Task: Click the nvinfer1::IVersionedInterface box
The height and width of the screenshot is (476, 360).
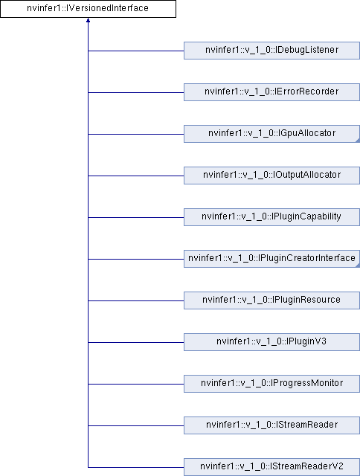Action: (x=88, y=9)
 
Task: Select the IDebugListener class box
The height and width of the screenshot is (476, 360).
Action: (x=271, y=51)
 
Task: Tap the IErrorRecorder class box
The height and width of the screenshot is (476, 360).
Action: (x=271, y=92)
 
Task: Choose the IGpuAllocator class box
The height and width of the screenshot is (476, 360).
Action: (x=271, y=134)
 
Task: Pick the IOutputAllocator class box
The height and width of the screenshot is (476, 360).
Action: (x=271, y=176)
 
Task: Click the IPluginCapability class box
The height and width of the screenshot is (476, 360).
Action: (x=271, y=217)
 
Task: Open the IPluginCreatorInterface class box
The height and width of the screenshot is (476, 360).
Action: (x=271, y=259)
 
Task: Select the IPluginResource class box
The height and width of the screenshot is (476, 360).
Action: (x=271, y=300)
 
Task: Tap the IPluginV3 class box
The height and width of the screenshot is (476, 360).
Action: (x=271, y=342)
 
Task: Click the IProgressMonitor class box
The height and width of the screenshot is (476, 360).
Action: (x=271, y=384)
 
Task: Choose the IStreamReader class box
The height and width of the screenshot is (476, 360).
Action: (x=271, y=425)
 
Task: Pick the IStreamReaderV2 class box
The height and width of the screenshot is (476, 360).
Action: (x=271, y=467)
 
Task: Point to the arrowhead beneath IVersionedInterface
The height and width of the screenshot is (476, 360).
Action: (x=88, y=20)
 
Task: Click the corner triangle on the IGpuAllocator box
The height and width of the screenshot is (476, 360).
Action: (x=358, y=141)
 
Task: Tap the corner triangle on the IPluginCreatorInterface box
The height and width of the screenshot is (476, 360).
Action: (x=358, y=266)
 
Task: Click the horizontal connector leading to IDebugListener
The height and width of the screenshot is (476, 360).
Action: (x=136, y=51)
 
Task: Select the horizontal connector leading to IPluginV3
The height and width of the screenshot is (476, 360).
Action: (x=136, y=342)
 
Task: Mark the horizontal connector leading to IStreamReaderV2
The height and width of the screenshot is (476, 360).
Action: (x=136, y=467)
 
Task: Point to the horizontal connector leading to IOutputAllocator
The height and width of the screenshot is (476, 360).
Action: (x=136, y=176)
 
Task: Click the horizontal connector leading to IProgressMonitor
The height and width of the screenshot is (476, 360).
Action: (x=136, y=384)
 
